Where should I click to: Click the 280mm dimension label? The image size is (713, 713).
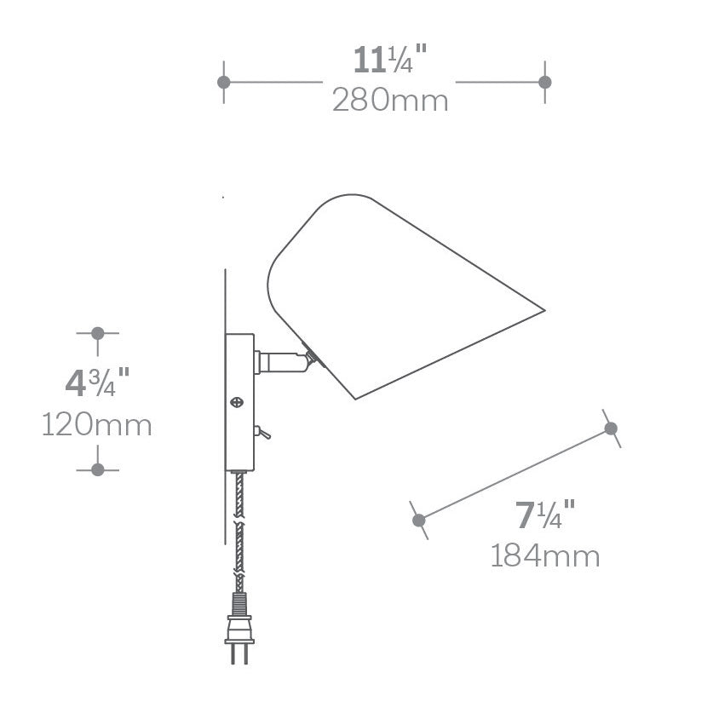click(x=390, y=101)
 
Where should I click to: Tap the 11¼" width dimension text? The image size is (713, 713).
click(x=390, y=60)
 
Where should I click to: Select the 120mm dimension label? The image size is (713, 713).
click(x=97, y=425)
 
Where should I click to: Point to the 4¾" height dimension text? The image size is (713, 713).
click(x=97, y=382)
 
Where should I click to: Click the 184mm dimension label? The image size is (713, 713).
click(x=545, y=555)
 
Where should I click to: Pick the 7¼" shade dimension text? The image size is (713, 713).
click(x=545, y=515)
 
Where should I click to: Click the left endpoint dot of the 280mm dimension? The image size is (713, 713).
click(x=224, y=83)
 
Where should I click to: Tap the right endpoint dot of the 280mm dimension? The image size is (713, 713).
click(x=544, y=83)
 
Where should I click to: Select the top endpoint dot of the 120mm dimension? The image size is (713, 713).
click(x=98, y=333)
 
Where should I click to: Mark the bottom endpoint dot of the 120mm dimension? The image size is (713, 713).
click(x=98, y=469)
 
